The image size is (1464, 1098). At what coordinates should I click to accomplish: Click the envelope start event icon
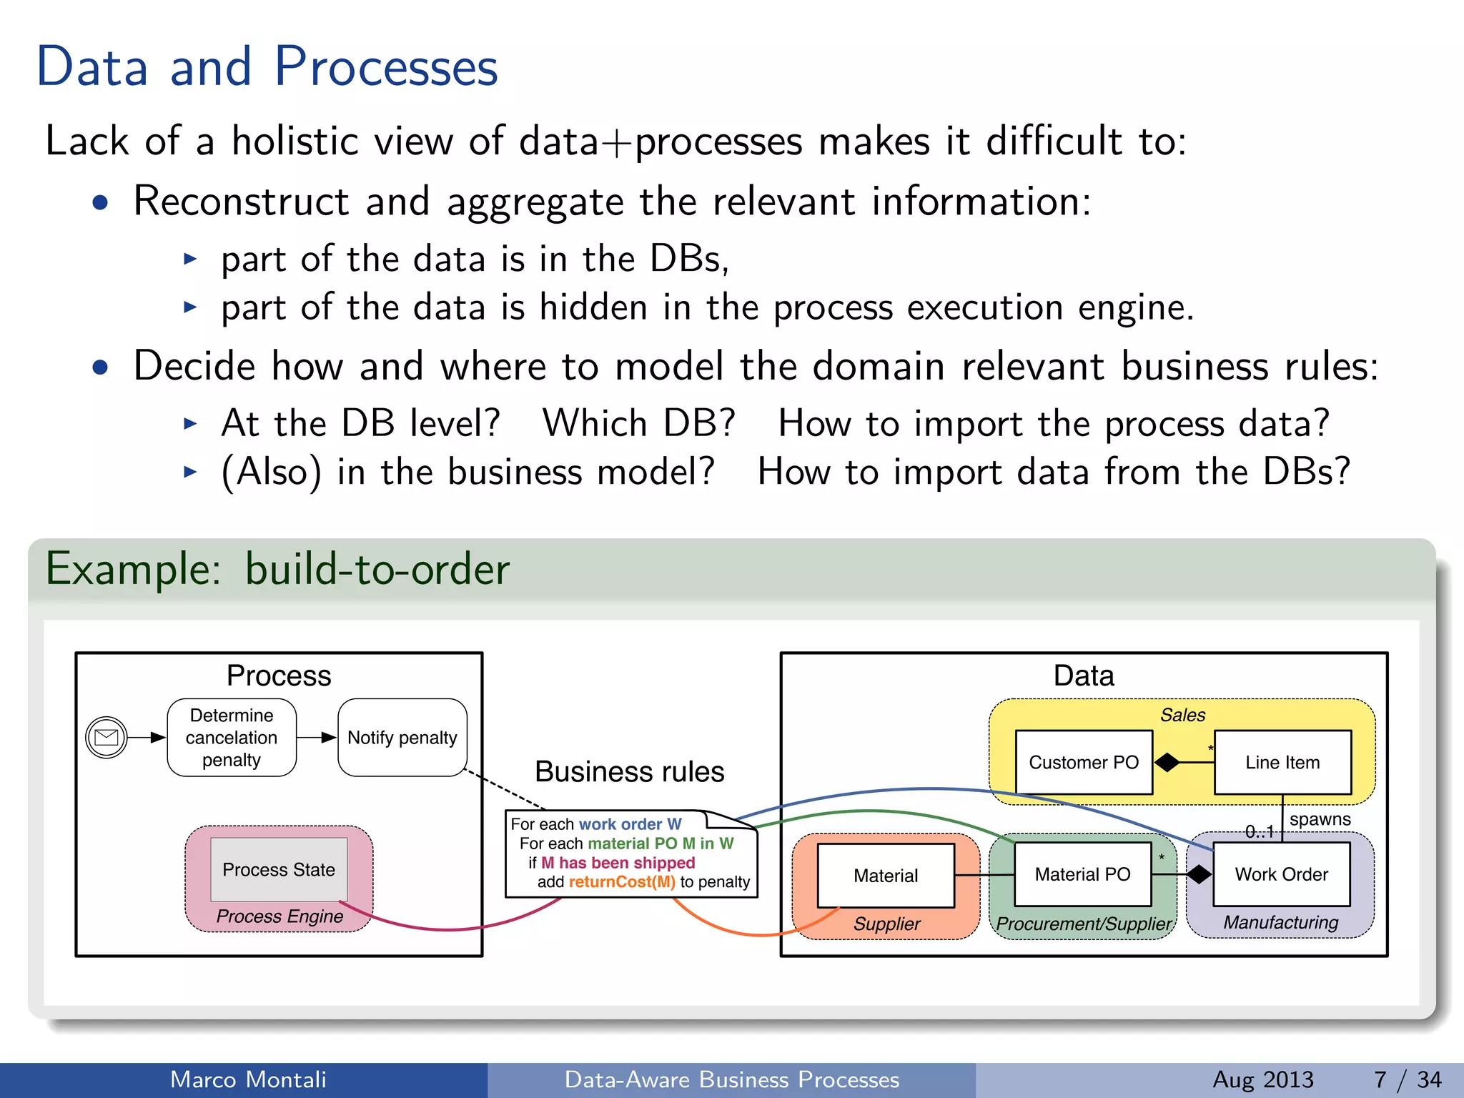[x=107, y=737]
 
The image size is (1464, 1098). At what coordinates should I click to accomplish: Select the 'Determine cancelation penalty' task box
[x=232, y=738]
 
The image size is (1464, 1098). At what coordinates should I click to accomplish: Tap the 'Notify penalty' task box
[x=402, y=738]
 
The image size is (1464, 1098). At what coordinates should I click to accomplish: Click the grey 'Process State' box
[x=279, y=869]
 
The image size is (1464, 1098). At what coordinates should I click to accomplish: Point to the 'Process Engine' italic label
[x=280, y=916]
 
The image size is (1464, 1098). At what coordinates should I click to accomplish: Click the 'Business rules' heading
[x=629, y=772]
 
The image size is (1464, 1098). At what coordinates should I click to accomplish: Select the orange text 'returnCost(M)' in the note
[x=622, y=882]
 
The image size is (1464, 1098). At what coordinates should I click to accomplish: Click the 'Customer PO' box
[x=1084, y=763]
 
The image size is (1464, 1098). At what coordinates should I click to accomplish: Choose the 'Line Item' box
[x=1282, y=763]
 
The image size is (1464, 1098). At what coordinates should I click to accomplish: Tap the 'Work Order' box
[x=1281, y=874]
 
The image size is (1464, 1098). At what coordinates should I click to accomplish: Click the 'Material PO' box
[x=1082, y=874]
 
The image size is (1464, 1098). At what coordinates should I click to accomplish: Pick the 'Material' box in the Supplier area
[x=886, y=876]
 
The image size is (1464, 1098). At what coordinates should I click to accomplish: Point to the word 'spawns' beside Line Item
[x=1320, y=819]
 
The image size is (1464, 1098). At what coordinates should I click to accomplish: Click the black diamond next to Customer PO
[x=1167, y=763]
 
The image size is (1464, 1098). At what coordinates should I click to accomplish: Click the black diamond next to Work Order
[x=1199, y=874]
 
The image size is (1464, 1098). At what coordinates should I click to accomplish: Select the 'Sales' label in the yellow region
[x=1182, y=715]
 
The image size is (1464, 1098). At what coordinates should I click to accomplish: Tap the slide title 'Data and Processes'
[x=267, y=66]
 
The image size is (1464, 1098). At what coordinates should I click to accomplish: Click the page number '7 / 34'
[x=1407, y=1079]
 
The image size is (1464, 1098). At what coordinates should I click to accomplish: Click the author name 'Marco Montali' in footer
[x=248, y=1079]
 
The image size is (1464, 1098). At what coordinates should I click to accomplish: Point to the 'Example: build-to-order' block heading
[x=277, y=570]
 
